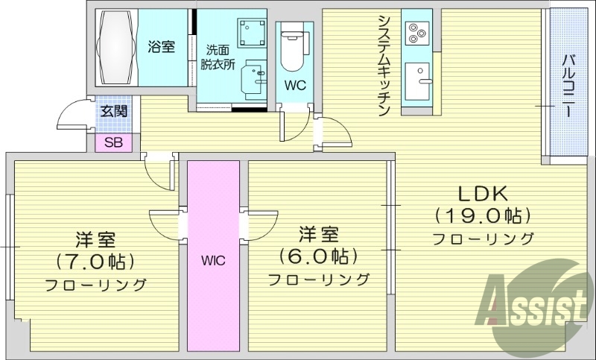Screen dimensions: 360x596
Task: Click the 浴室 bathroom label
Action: [x=162, y=47]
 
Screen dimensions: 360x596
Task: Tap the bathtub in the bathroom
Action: [x=117, y=48]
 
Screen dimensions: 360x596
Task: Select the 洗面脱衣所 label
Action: [x=221, y=57]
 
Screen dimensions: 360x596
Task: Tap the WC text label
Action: [x=295, y=85]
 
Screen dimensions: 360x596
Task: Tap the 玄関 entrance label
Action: [x=113, y=113]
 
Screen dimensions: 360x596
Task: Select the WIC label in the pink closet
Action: [x=213, y=261]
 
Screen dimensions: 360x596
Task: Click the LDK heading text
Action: [x=482, y=194]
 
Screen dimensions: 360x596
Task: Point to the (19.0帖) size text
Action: [x=483, y=216]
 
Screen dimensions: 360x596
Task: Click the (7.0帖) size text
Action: [x=95, y=262]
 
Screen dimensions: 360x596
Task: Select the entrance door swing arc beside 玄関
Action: [x=72, y=116]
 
